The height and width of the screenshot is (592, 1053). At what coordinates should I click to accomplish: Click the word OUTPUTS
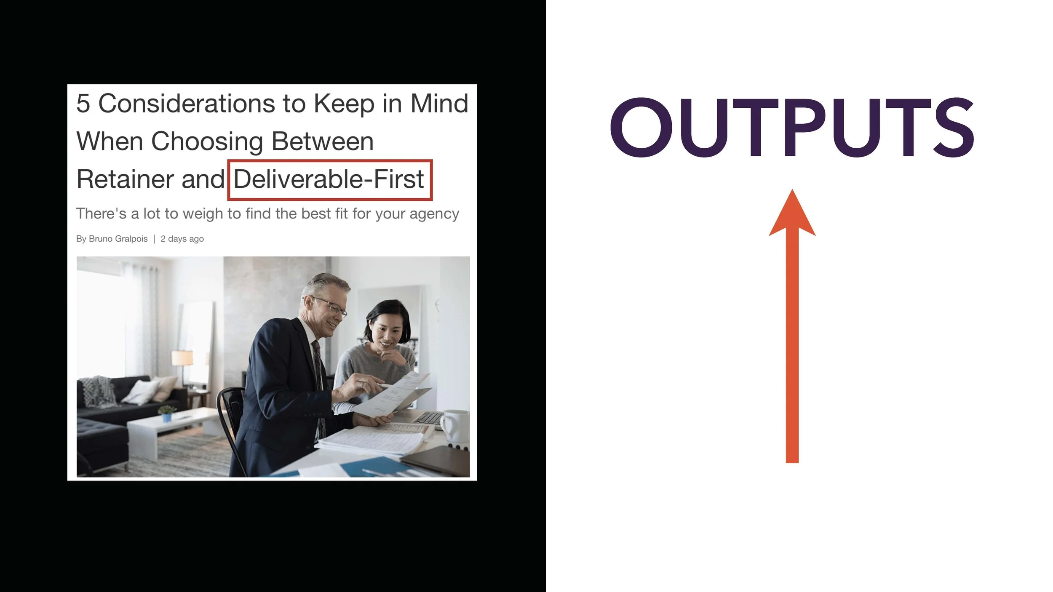[x=792, y=127]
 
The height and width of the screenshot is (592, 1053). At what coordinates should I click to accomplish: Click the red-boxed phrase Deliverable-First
[x=329, y=179]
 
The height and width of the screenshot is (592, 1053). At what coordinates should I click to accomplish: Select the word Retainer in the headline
[x=125, y=179]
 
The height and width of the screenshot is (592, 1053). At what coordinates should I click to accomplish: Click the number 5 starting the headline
[x=83, y=104]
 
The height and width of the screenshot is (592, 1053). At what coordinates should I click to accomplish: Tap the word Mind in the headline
[x=439, y=104]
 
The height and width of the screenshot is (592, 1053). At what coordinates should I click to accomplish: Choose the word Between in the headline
[x=322, y=141]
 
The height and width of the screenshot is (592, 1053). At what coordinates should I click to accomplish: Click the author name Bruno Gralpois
[x=118, y=239]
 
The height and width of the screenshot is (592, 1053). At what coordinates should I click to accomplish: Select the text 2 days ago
[x=182, y=239]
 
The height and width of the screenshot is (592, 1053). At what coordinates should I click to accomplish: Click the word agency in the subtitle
[x=434, y=214]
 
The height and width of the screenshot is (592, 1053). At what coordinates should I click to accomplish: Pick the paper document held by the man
[x=392, y=396]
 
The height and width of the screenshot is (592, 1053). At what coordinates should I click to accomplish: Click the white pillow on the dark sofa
[x=141, y=392]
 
